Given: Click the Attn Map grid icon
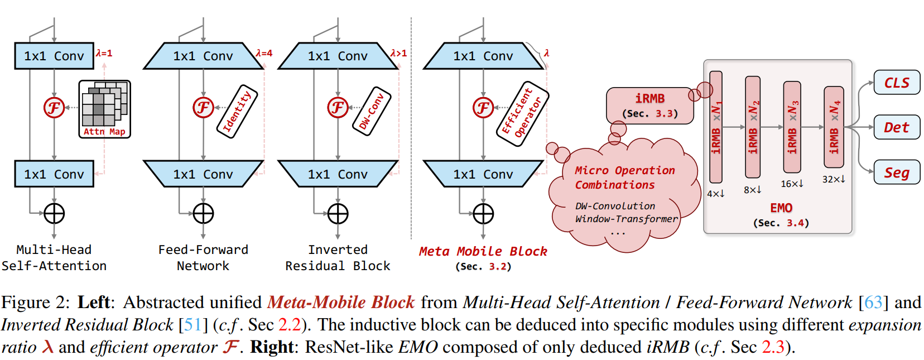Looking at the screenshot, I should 104,108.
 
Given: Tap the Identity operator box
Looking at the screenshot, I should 237,111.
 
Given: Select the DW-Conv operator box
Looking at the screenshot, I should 372,111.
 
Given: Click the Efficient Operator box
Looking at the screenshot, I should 522,114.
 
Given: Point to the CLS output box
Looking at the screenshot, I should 896,83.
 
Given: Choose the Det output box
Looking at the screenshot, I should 896,127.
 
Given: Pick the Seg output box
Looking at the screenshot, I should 896,172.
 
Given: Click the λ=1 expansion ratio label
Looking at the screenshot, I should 104,53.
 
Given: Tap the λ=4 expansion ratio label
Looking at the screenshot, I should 264,53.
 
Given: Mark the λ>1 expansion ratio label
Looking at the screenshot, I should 398,53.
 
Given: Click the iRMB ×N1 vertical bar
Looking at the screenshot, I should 716,127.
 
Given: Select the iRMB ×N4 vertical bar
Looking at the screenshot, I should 834,127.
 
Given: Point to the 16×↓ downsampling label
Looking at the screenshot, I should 792,184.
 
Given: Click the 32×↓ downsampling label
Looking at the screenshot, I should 833,179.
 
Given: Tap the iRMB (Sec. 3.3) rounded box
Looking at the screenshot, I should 649,105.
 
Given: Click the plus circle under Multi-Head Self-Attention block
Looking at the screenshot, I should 54,213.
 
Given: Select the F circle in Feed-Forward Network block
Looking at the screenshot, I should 203,107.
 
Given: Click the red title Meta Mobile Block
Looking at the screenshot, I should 483,252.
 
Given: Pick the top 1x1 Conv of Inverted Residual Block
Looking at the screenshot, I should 338,56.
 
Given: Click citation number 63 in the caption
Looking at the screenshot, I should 873,302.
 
